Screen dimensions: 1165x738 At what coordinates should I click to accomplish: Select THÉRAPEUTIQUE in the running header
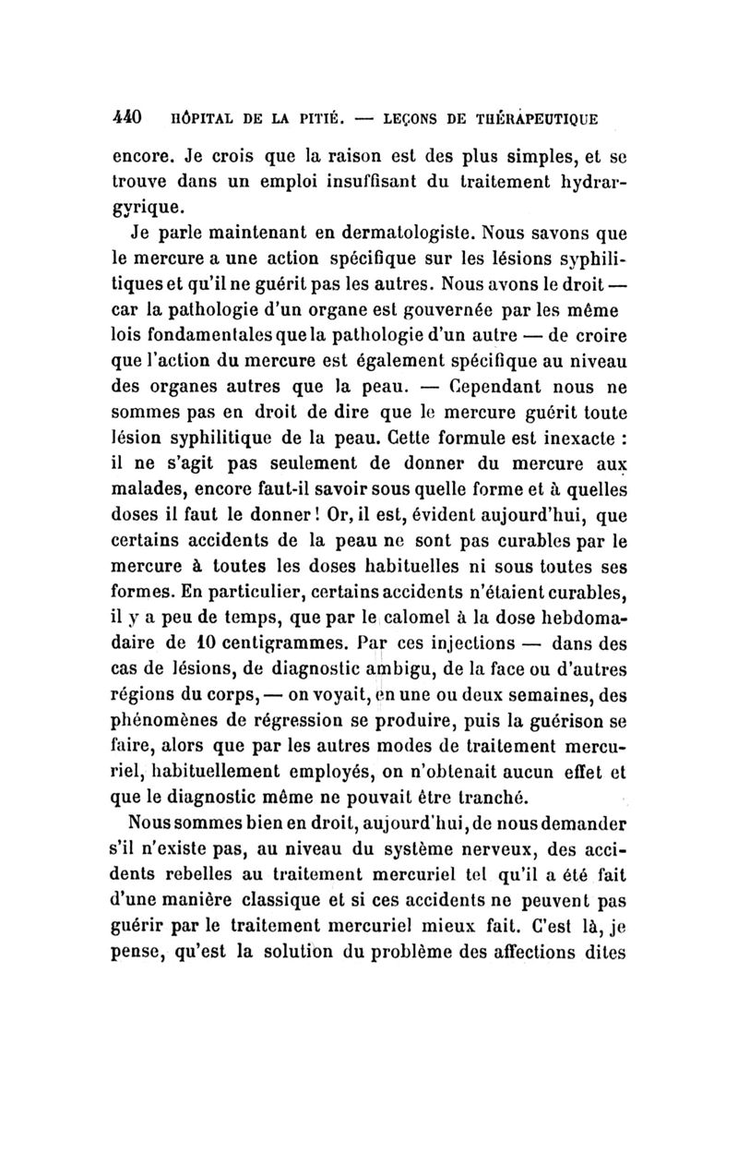click(541, 119)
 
